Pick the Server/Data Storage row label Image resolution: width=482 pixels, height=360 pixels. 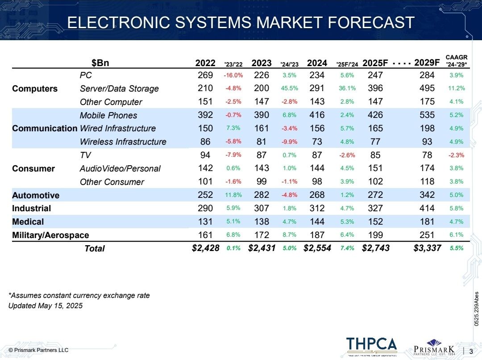coord(119,88)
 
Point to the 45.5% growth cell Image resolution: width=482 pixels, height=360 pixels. coord(289,88)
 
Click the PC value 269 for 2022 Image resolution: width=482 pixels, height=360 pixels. coord(205,75)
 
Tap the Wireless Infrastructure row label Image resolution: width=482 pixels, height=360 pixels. coord(123,142)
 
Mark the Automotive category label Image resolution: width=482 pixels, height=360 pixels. coord(36,195)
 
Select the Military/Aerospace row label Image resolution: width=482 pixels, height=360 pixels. coord(50,235)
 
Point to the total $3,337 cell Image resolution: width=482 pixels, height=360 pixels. coord(427,248)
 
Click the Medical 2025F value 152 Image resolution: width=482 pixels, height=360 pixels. coord(375,222)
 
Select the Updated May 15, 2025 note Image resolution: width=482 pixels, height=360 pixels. coord(46,306)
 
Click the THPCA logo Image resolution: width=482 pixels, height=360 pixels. coord(371,344)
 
